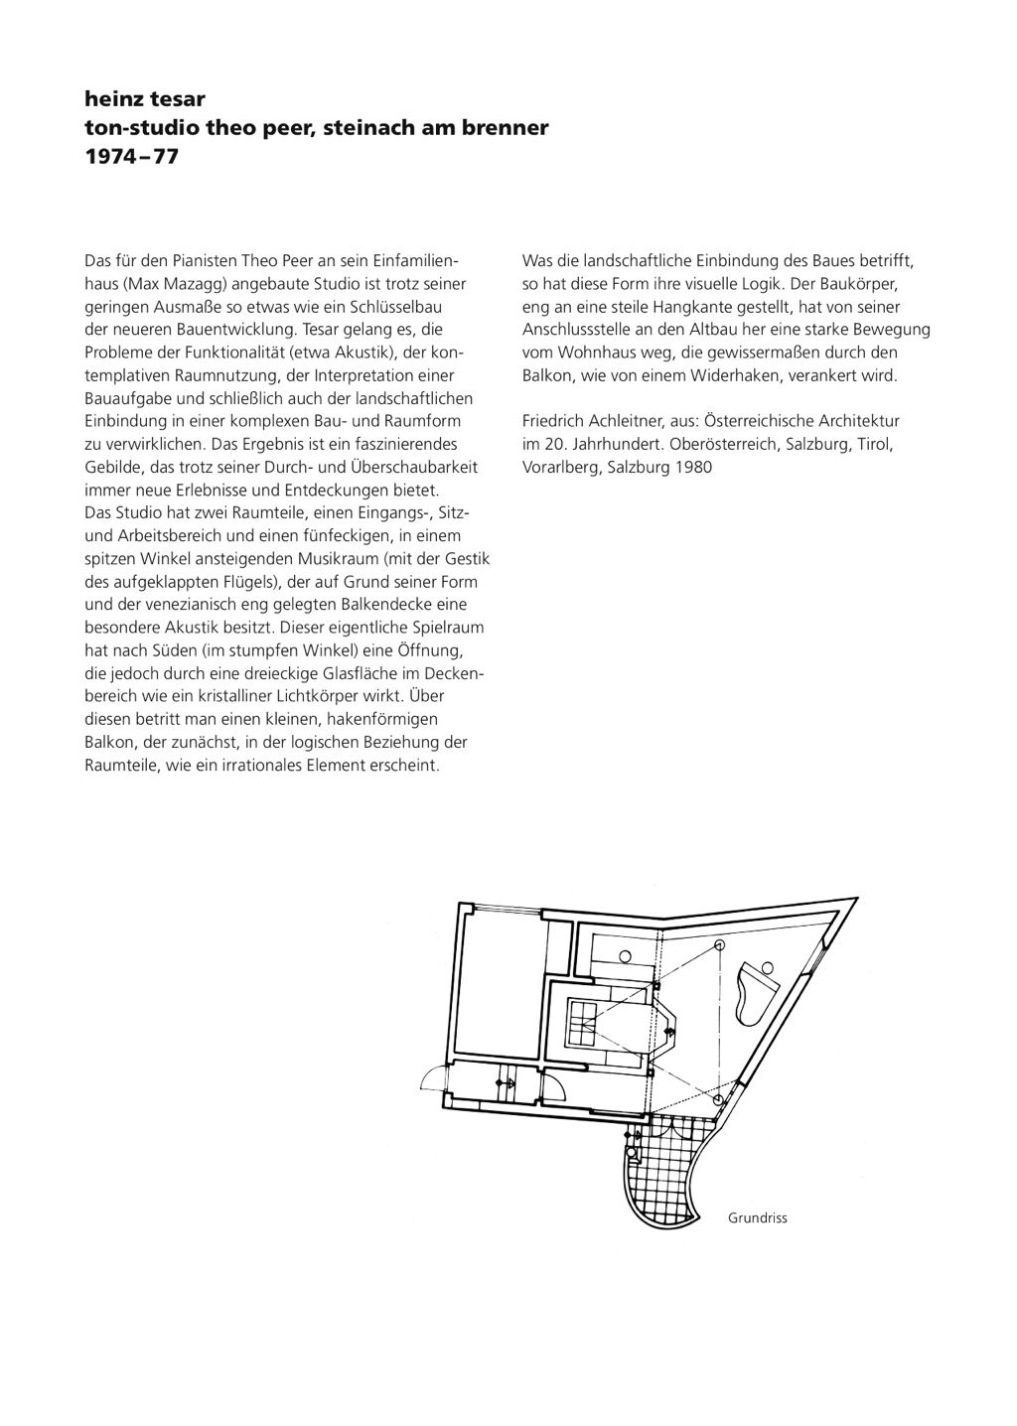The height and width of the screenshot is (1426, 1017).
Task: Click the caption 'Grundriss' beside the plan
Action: click(757, 1217)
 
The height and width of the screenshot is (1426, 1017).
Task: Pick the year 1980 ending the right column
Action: click(692, 467)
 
